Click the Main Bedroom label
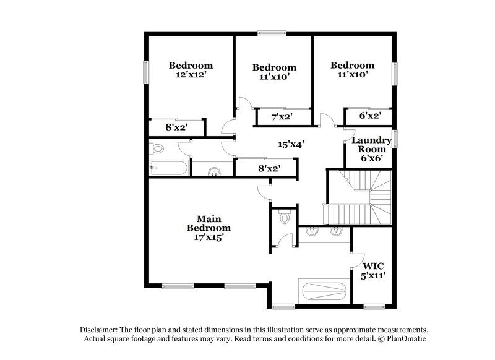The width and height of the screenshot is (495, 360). (x=209, y=223)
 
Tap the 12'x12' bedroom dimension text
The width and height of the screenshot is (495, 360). (x=191, y=75)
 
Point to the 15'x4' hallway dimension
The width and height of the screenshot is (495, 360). (x=290, y=144)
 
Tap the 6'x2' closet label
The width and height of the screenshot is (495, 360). (x=369, y=116)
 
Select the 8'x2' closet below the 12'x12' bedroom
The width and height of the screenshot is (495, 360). (x=176, y=127)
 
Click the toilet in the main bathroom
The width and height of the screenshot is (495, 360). (x=285, y=217)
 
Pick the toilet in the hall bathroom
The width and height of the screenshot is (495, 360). (x=157, y=148)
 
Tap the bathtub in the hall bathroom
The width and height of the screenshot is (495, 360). (x=167, y=168)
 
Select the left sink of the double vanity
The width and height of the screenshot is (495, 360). (x=311, y=233)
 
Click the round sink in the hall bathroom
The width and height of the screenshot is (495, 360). (x=214, y=171)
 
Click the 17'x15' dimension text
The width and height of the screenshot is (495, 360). (x=209, y=236)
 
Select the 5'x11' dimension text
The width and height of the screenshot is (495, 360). (x=373, y=276)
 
